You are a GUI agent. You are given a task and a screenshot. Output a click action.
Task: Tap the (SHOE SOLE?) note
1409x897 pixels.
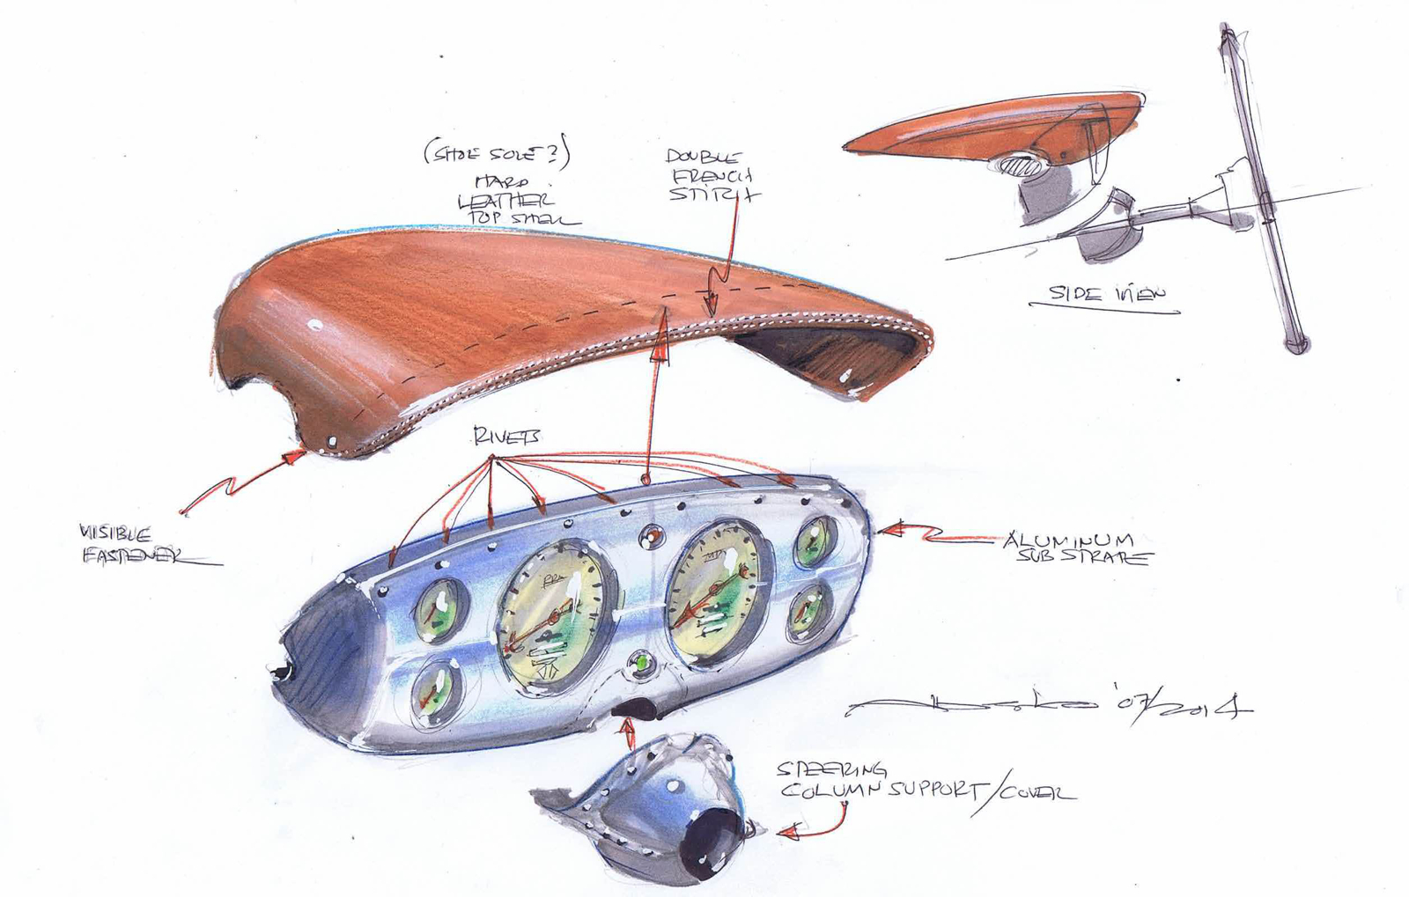tap(497, 153)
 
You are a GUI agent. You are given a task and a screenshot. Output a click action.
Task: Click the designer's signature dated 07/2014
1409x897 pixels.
tap(1048, 707)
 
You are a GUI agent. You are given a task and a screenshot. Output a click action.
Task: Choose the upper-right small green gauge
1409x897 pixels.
tap(815, 543)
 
